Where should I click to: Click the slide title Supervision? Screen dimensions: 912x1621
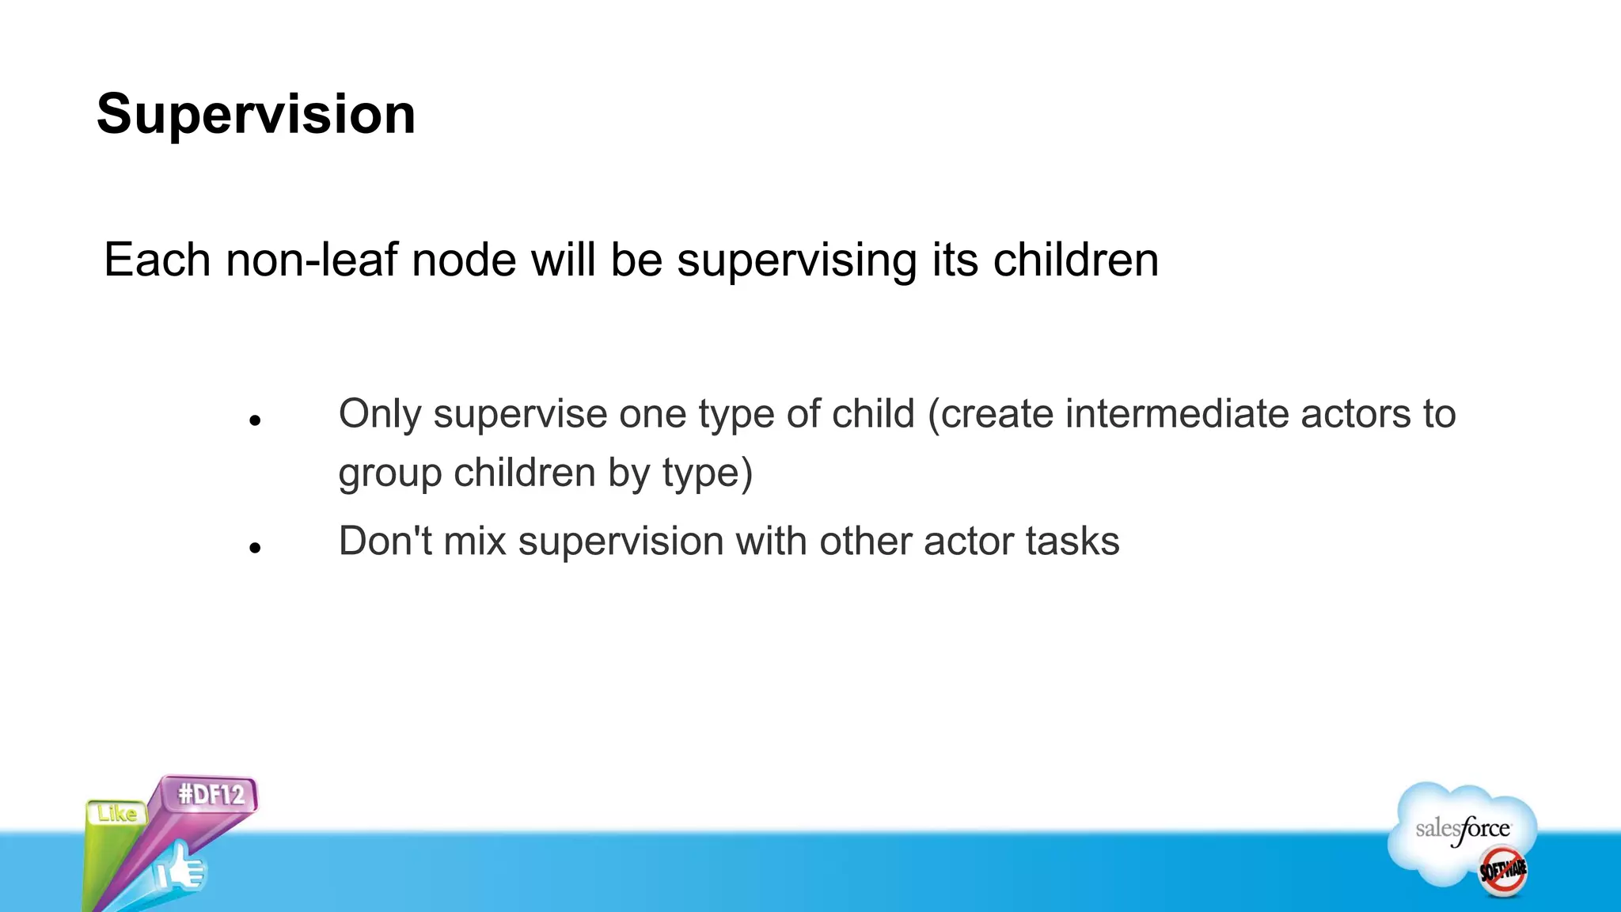point(256,115)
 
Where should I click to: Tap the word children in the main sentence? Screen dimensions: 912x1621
point(1076,260)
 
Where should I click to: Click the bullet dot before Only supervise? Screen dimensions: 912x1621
point(254,421)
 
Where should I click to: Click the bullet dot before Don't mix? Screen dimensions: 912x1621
point(254,548)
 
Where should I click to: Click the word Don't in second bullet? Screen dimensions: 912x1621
point(385,541)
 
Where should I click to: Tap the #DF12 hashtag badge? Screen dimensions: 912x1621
point(211,794)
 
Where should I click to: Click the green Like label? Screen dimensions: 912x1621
point(117,814)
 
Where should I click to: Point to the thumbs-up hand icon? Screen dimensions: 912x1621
point(180,868)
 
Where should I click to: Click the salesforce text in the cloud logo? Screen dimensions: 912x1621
point(1462,830)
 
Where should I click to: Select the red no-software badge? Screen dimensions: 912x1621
point(1502,871)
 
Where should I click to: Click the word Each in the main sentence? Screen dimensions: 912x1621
point(157,260)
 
